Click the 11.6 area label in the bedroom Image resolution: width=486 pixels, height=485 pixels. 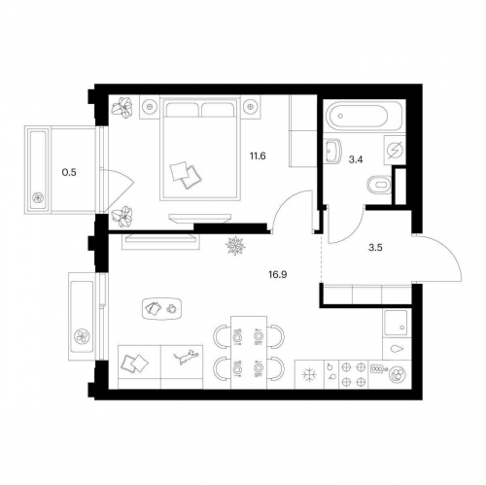[258, 156]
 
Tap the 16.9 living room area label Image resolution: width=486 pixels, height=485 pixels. [278, 275]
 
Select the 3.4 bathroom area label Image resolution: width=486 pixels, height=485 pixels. [356, 159]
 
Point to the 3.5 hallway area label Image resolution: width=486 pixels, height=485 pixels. [375, 248]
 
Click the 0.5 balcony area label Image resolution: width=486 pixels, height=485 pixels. [69, 173]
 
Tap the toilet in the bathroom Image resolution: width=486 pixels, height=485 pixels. [379, 185]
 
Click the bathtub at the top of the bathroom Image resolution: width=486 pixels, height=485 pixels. [364, 116]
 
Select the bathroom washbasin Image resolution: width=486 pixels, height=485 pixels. [332, 151]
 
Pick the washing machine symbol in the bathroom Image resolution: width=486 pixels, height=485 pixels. [395, 151]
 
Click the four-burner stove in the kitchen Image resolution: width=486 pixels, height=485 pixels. [354, 374]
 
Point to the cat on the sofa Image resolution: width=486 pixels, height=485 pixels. [187, 357]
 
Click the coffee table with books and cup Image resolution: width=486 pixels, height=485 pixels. [161, 309]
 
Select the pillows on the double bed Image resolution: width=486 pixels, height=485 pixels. [185, 175]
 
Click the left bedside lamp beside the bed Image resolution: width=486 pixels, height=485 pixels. [150, 106]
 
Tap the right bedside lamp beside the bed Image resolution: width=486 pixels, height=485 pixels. [250, 106]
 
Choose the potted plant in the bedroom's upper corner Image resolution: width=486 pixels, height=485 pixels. [122, 106]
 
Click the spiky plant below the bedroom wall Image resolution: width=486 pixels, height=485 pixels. [235, 246]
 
